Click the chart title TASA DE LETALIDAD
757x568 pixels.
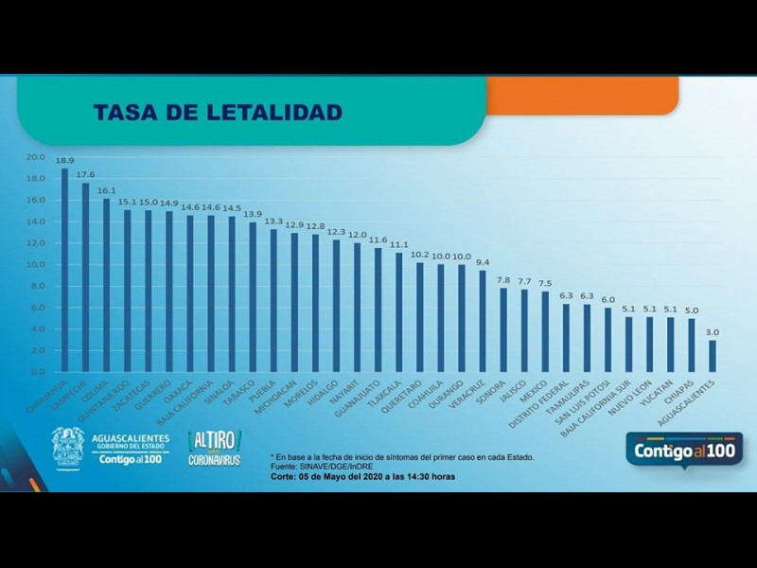click(x=217, y=113)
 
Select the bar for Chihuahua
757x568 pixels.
click(x=64, y=270)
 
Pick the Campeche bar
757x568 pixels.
click(x=85, y=276)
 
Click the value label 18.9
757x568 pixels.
click(x=64, y=161)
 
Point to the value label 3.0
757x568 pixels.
click(x=712, y=332)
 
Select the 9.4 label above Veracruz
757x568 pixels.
click(x=483, y=262)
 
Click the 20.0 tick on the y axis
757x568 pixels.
click(x=36, y=157)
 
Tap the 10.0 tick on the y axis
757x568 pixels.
click(x=36, y=264)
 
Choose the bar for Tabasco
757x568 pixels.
click(x=253, y=296)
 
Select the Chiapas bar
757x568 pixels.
click(x=691, y=345)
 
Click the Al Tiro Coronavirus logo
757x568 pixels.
click(x=215, y=448)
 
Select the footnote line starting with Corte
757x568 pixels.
click(x=362, y=477)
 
